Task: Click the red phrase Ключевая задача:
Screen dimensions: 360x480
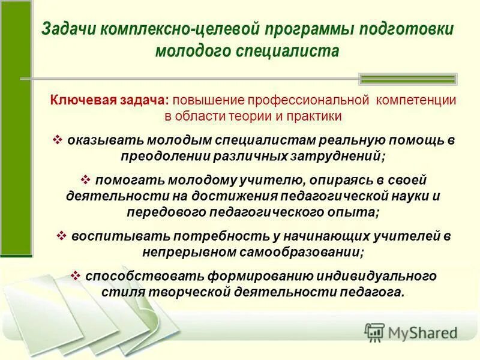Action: [x=110, y=100]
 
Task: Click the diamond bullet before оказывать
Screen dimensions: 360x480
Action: [x=58, y=140]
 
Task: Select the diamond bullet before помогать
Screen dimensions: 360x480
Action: [x=85, y=179]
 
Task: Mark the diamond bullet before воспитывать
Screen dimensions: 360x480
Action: [x=62, y=236]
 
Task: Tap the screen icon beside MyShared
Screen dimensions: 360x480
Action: [x=374, y=332]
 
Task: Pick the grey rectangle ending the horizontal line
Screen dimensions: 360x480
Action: [x=407, y=79]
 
